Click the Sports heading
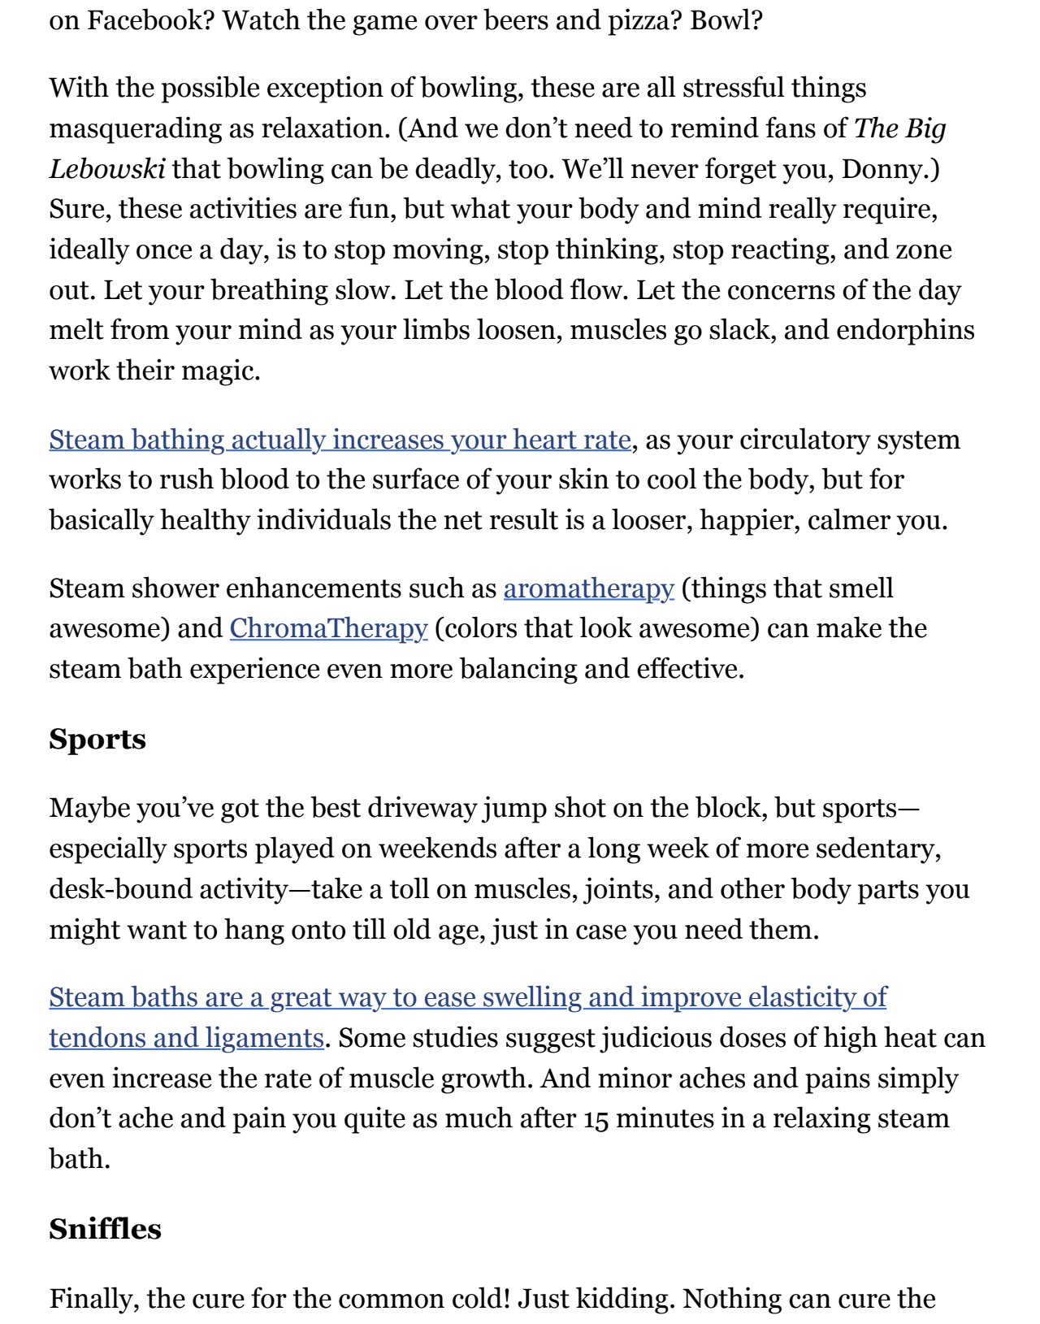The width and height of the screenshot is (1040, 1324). pyautogui.click(x=97, y=739)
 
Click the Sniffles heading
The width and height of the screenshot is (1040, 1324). pyautogui.click(x=105, y=1228)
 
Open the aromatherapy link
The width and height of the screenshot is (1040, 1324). pyautogui.click(x=588, y=588)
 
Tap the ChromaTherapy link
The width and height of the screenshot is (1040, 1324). pyautogui.click(x=328, y=628)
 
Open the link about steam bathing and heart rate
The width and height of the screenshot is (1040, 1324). pyautogui.click(x=340, y=440)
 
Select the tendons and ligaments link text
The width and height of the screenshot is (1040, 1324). pyautogui.click(x=186, y=1038)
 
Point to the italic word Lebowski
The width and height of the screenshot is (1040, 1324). pyautogui.click(x=107, y=169)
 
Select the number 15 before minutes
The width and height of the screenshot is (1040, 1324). pyautogui.click(x=596, y=1119)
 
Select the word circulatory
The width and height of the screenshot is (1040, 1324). pyautogui.click(x=782, y=440)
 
